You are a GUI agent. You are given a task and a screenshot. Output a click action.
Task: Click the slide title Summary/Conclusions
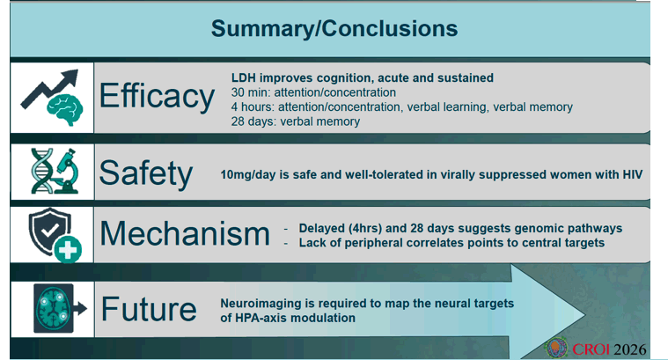pos(334,29)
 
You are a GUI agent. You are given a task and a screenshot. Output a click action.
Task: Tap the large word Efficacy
pos(157,96)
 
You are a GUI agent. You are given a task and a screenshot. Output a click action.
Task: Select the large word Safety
pos(146,173)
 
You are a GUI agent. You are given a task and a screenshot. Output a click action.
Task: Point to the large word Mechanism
pos(185,233)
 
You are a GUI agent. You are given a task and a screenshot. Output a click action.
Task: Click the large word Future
pos(149,309)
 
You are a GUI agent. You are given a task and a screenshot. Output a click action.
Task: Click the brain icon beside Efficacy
pos(65,109)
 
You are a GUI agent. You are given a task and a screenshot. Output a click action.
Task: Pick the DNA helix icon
pos(41,171)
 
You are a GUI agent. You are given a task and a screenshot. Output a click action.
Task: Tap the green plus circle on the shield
pos(68,249)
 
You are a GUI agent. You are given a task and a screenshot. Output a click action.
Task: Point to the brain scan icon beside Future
pos(54,308)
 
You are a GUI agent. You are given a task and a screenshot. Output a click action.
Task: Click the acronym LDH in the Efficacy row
pos(244,78)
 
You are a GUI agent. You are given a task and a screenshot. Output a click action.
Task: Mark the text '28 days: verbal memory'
pos(296,121)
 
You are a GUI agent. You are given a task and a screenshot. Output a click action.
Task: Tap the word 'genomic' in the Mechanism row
pos(536,228)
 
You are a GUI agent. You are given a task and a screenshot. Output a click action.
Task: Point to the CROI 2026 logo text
pos(609,349)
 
